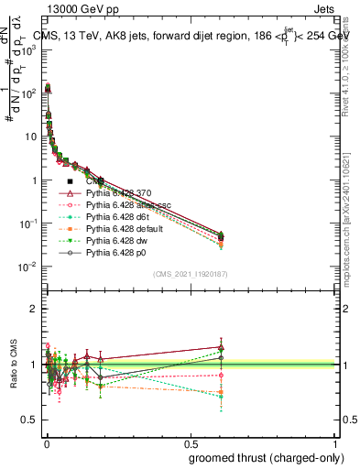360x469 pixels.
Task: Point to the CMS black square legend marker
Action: pos(70,181)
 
